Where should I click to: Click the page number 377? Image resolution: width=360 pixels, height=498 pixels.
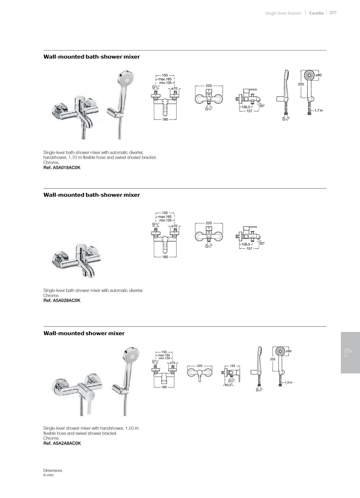(x=333, y=12)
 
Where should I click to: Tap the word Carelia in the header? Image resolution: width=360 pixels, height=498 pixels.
(x=316, y=13)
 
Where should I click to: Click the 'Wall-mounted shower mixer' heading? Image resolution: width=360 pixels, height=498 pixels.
(x=84, y=333)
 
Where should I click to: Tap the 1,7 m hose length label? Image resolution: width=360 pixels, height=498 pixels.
(x=318, y=111)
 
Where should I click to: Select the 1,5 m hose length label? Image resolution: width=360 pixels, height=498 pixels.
(x=288, y=382)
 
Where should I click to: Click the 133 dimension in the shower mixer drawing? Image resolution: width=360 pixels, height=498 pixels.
(x=232, y=366)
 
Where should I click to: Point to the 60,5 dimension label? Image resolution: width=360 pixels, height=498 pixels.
(x=228, y=385)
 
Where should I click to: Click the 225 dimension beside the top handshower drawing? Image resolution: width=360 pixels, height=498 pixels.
(x=301, y=84)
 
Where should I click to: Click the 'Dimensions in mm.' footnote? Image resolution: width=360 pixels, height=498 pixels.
(x=53, y=473)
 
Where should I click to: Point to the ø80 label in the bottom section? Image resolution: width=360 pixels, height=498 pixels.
(x=289, y=351)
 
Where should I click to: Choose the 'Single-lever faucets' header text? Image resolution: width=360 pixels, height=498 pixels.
(x=283, y=13)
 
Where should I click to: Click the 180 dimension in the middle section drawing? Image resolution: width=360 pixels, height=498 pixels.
(x=165, y=257)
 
